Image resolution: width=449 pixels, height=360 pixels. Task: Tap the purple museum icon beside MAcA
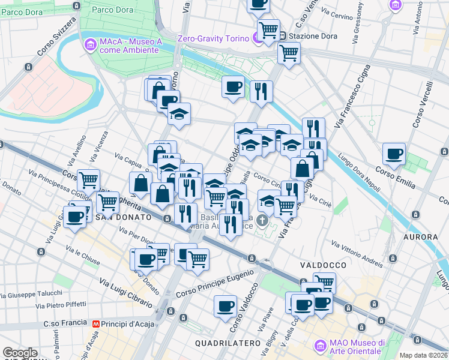91,44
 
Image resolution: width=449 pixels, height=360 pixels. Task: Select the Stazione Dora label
313,36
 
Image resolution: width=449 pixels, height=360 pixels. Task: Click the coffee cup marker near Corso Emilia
394,154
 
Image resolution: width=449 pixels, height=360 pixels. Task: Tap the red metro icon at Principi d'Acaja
95,324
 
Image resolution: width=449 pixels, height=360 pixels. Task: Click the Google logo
20,353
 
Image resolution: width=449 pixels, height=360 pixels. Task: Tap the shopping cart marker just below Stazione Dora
289,53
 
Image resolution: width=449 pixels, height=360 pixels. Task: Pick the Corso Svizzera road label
56,37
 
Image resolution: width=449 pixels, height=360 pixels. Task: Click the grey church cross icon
262,221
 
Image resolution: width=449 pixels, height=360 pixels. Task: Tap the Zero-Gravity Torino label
213,39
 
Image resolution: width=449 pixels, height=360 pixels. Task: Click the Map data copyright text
424,355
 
